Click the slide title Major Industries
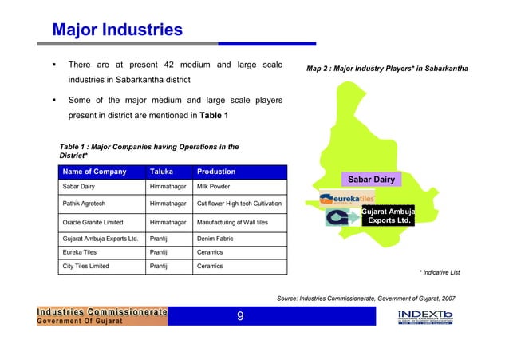pyautogui.click(x=116, y=31)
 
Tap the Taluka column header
pyautogui.click(x=163, y=172)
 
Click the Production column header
pyautogui.click(x=216, y=172)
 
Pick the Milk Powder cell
pyautogui.click(x=216, y=185)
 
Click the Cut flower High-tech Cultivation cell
pyautogui.click(x=238, y=204)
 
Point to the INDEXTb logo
pyautogui.click(x=425, y=316)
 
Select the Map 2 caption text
pyautogui.click(x=388, y=70)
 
